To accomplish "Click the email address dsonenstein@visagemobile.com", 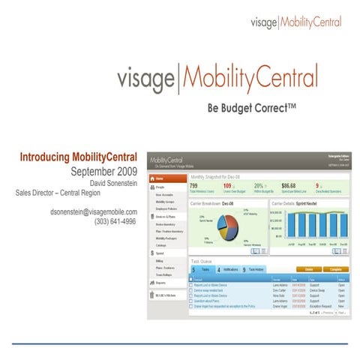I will [94, 212].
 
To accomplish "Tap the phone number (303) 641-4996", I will [115, 222].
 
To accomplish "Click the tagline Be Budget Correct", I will [252, 108].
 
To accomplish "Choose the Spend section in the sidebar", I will [160, 254].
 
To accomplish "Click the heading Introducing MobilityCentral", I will [78, 157].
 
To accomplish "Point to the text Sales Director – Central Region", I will [76, 192].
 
